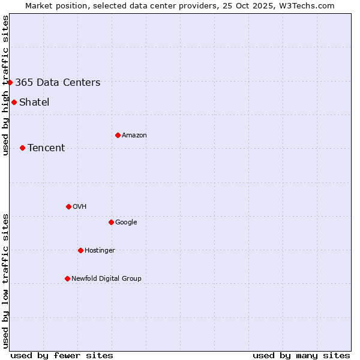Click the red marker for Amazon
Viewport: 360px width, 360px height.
[118, 135]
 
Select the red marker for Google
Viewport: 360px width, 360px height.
[111, 222]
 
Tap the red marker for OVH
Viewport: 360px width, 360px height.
[68, 206]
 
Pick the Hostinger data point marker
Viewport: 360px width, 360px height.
[80, 250]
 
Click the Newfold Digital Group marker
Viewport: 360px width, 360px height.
[67, 278]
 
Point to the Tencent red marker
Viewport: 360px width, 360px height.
[22, 148]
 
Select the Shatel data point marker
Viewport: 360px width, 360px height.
[14, 102]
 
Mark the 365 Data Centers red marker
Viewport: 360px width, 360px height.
[10, 82]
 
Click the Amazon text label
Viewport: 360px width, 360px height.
[134, 136]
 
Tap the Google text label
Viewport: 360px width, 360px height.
[126, 223]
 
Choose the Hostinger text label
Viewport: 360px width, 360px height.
[100, 251]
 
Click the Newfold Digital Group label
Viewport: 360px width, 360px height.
[106, 279]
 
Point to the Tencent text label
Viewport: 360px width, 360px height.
[46, 148]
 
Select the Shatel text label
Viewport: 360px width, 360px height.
[34, 103]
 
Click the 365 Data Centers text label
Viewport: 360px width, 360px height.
[58, 83]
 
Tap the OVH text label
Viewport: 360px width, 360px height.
[80, 207]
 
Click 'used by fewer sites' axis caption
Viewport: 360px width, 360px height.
[62, 356]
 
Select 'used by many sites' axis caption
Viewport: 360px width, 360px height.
[301, 356]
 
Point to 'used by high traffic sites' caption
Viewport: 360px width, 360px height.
[5, 85]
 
